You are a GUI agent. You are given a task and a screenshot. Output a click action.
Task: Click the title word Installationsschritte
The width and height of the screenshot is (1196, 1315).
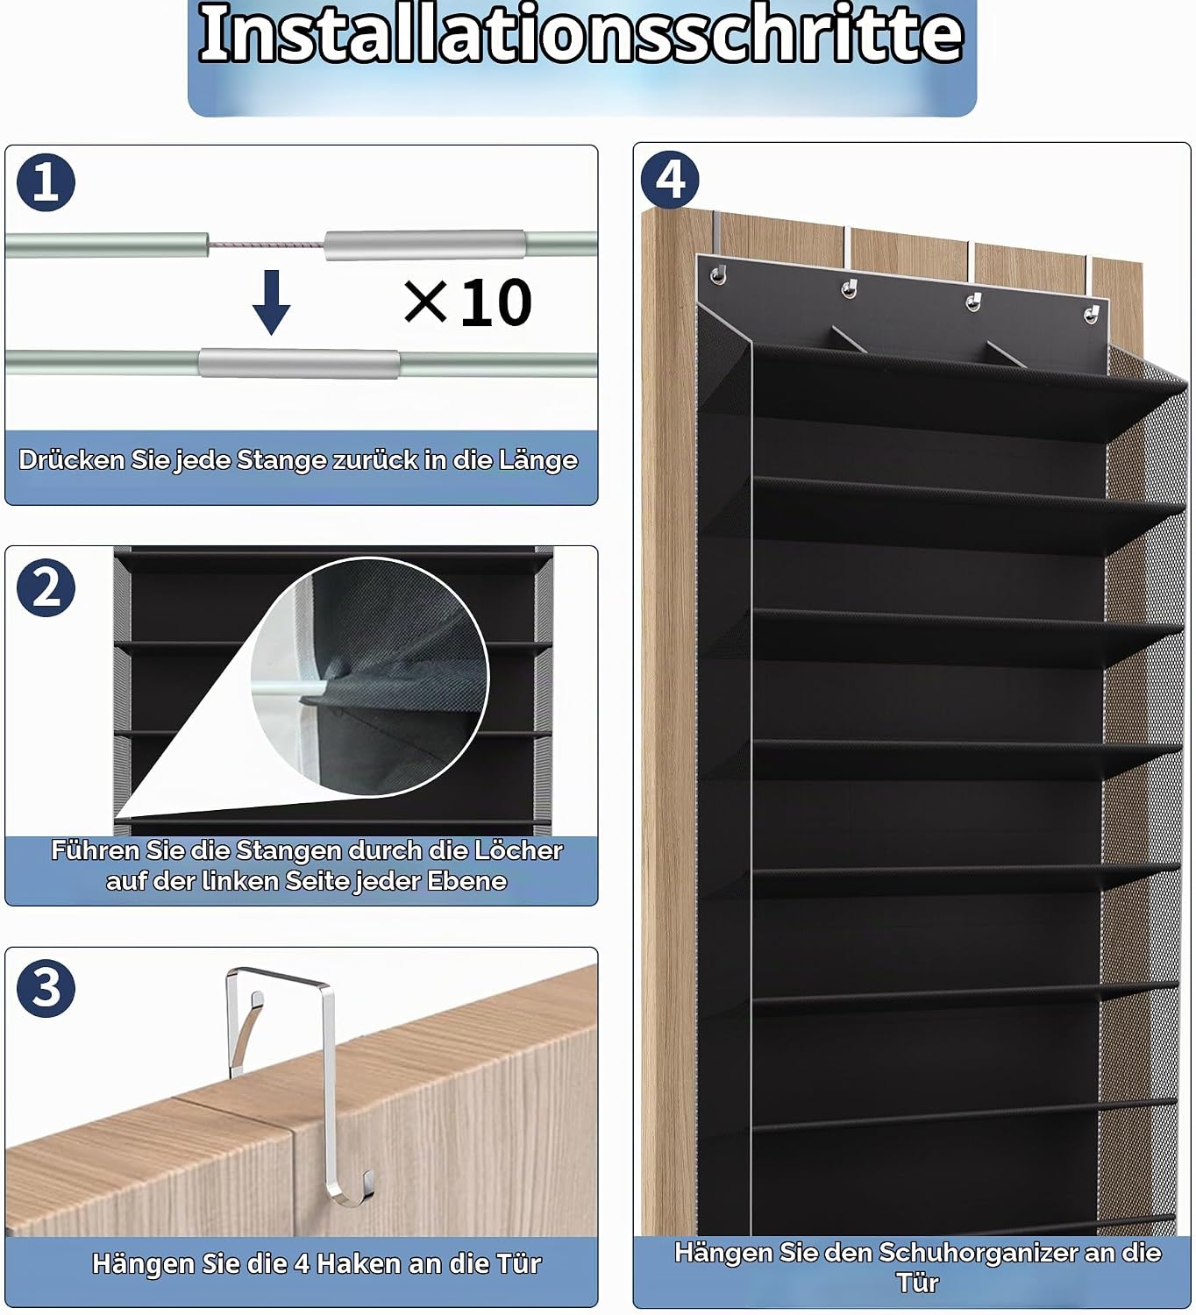pos(581,34)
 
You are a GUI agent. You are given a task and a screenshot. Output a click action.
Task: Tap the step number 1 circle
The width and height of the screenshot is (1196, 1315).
pos(46,182)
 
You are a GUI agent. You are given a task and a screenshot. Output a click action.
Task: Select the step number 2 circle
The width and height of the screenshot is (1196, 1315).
pos(46,587)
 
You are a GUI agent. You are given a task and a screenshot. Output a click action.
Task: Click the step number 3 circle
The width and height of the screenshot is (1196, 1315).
pos(46,989)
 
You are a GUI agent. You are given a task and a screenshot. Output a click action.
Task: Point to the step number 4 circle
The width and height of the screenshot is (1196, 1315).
pos(670,180)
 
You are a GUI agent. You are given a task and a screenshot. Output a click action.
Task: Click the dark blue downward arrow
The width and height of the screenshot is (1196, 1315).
pos(271,302)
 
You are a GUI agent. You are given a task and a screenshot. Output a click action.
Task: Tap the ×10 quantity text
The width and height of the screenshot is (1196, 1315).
pos(467,302)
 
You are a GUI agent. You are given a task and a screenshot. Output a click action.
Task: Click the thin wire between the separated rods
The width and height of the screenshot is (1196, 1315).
pos(267,245)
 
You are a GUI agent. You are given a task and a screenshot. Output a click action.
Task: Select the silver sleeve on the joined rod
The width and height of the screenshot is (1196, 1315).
pos(299,364)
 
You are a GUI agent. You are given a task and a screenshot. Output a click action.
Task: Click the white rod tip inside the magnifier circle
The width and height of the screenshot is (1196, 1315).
pos(288,687)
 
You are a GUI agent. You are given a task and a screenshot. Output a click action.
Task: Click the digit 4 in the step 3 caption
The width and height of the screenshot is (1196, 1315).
pos(302,1263)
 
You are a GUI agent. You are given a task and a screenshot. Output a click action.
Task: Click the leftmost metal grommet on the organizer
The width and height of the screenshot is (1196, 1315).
pos(719,274)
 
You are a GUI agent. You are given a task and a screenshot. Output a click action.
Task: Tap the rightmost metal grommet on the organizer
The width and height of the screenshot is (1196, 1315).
pos(1091,315)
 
